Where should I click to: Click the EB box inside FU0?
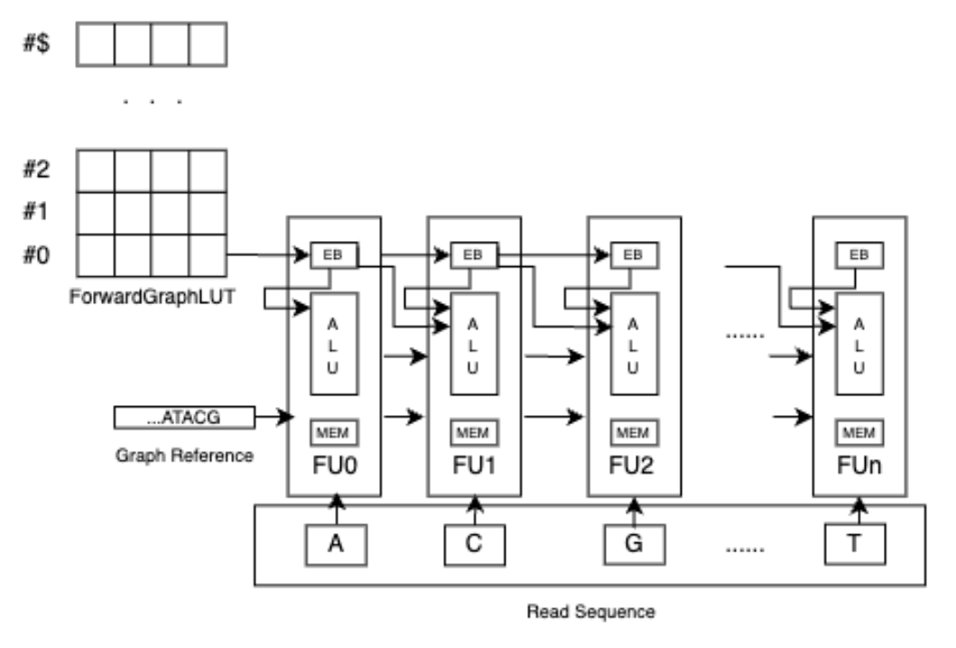pyautogui.click(x=332, y=255)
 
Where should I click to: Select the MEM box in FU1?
pyautogui.click(x=472, y=432)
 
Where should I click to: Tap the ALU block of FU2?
pyautogui.click(x=633, y=344)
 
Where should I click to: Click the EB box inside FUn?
pyautogui.click(x=859, y=255)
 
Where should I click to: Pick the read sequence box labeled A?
pyautogui.click(x=334, y=544)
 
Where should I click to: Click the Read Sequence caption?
pyautogui.click(x=591, y=612)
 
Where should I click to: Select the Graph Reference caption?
pyautogui.click(x=184, y=456)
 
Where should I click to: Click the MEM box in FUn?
pyautogui.click(x=859, y=432)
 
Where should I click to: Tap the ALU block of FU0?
pyautogui.click(x=334, y=344)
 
